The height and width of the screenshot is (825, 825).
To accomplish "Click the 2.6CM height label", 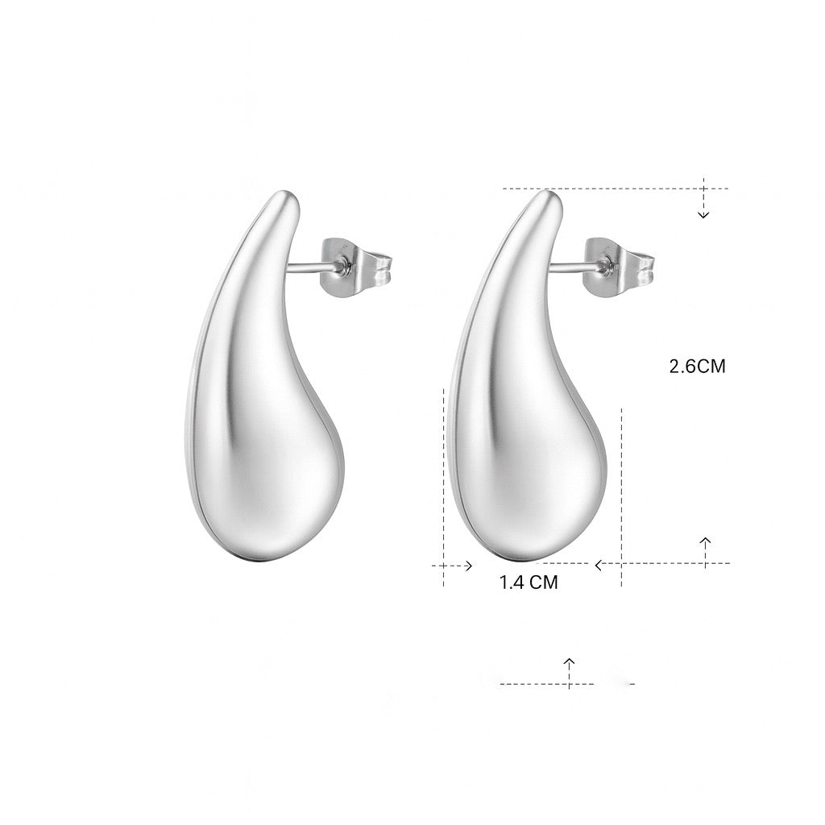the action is coord(697,367).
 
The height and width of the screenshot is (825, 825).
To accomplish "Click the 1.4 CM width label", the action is coord(529,582).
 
